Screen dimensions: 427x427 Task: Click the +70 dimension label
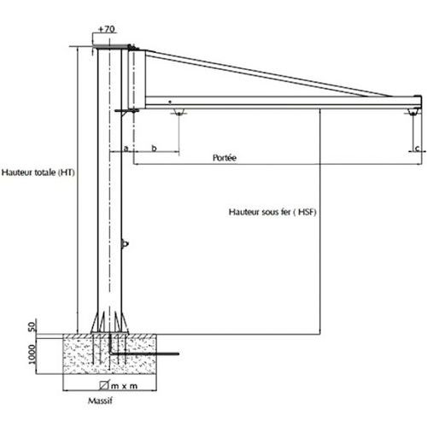click(106, 29)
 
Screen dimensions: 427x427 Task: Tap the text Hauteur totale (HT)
click(38, 173)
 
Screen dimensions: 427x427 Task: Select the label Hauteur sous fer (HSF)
click(272, 212)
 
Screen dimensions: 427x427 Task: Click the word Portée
click(225, 158)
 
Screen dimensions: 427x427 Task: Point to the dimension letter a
click(126, 149)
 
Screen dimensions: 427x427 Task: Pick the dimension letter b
click(154, 148)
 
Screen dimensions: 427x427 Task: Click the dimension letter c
click(418, 149)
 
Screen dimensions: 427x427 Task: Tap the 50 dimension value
click(32, 326)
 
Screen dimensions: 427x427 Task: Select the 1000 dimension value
click(32, 354)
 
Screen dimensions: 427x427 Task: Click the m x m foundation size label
click(124, 386)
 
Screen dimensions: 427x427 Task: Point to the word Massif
click(100, 401)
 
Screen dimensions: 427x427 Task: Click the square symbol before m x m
click(104, 385)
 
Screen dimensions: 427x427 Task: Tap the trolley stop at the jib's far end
click(412, 112)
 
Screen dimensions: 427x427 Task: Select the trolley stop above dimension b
click(178, 112)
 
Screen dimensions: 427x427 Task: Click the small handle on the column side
click(125, 244)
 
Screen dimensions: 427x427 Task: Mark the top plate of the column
click(112, 47)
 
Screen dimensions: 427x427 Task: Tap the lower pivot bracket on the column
click(126, 111)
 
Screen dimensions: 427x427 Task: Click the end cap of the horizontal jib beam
click(418, 102)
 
